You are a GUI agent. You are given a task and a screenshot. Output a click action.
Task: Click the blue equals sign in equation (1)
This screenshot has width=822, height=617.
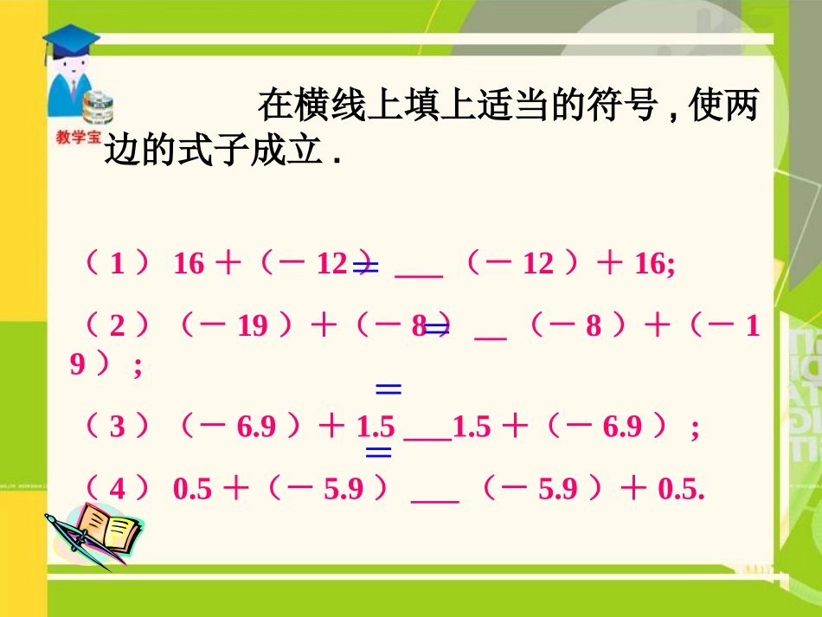(x=366, y=269)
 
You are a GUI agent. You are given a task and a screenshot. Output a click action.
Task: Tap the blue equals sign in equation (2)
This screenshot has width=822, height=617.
(x=436, y=328)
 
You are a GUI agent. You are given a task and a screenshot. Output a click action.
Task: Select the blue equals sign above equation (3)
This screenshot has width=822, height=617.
(x=389, y=389)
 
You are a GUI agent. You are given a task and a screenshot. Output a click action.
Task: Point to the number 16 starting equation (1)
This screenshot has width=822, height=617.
(x=189, y=263)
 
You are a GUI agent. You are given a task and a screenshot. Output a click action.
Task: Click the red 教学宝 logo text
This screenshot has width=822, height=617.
(x=77, y=137)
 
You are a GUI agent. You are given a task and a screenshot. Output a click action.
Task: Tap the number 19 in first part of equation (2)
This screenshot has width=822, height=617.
(x=253, y=326)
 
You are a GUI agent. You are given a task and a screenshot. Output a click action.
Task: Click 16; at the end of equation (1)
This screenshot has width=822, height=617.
(x=655, y=263)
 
